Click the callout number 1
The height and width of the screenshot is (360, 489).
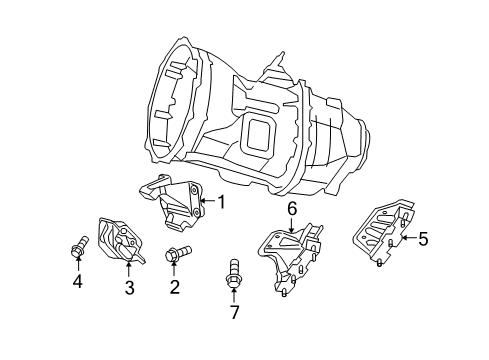(221, 202)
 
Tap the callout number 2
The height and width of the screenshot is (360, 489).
(174, 288)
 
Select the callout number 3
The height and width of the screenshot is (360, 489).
(129, 289)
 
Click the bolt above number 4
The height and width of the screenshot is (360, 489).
(79, 245)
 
